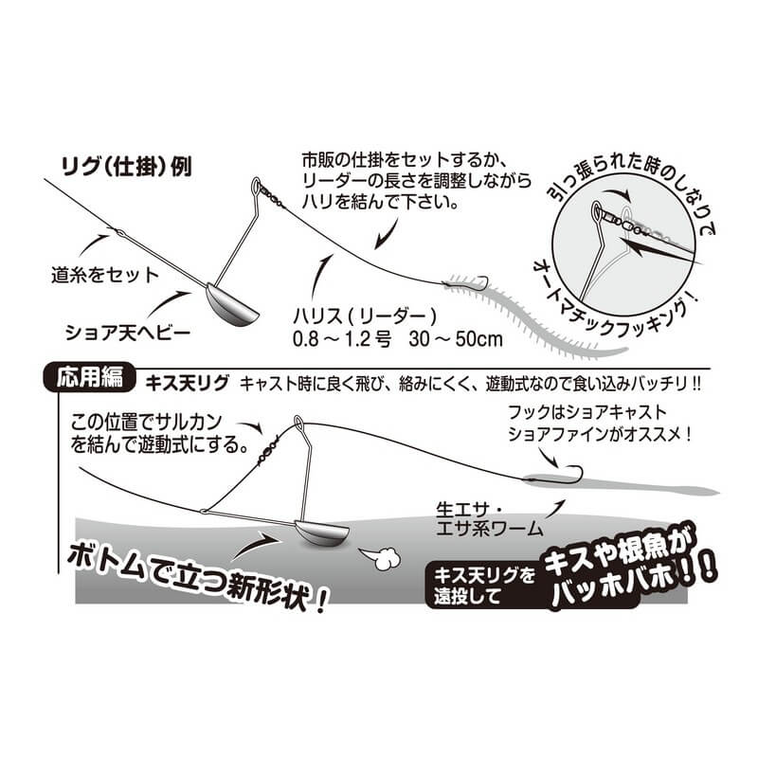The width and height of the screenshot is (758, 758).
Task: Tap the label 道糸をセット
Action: [105, 275]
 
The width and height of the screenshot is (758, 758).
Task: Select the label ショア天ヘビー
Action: [128, 333]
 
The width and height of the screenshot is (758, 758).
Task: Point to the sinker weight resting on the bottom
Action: [321, 533]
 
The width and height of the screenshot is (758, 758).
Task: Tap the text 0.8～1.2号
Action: [342, 339]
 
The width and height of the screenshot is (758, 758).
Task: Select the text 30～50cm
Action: [456, 339]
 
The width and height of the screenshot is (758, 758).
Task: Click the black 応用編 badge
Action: [90, 378]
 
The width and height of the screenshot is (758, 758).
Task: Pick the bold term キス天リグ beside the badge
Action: [187, 384]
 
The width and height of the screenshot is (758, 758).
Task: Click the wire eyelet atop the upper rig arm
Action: [256, 185]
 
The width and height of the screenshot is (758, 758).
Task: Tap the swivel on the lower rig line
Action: [267, 449]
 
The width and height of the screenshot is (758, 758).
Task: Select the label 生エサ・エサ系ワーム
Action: [489, 519]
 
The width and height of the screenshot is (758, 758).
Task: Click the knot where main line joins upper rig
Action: [119, 233]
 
